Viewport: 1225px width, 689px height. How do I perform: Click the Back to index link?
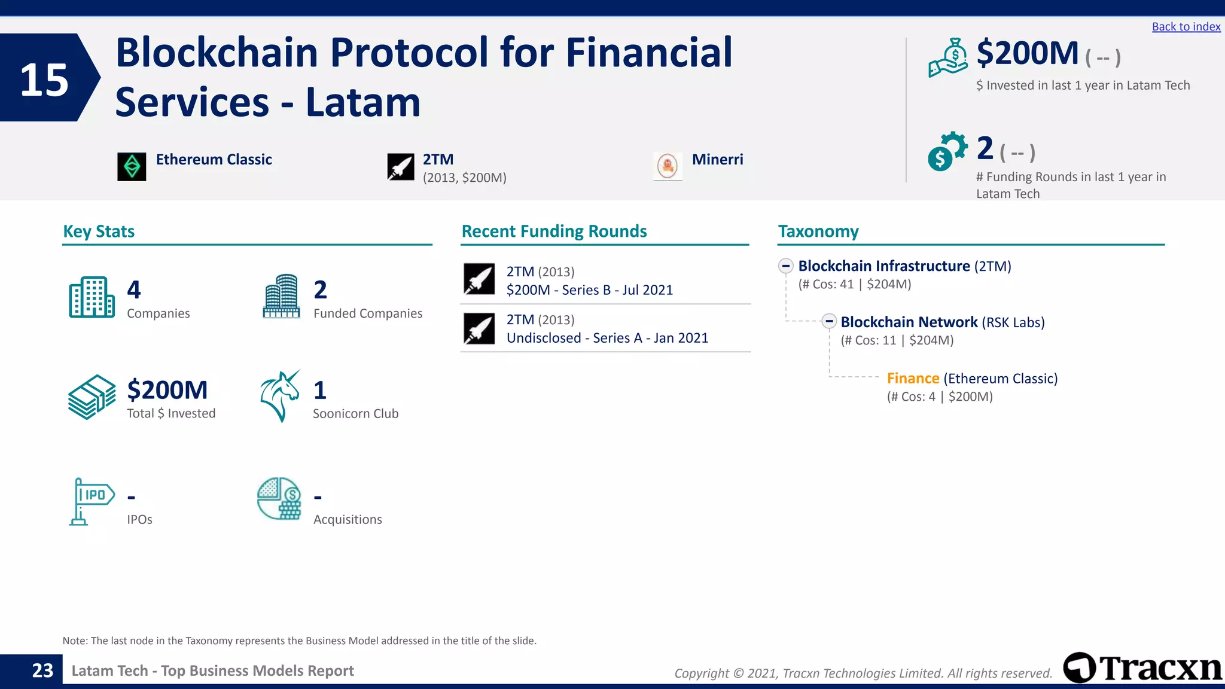pos(1186,26)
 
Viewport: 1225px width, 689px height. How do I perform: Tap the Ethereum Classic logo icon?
pos(132,166)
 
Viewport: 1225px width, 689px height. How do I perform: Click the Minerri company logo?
pos(668,166)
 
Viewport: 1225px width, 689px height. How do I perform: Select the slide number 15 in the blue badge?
pos(44,80)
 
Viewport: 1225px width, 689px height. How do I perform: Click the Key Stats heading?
pos(99,231)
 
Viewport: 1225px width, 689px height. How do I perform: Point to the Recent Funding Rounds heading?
pos(554,231)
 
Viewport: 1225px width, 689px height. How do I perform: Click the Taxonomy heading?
pos(818,231)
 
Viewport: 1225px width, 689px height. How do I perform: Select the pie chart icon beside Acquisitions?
pos(279,498)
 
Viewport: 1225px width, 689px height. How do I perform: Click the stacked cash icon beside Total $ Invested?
pos(92,397)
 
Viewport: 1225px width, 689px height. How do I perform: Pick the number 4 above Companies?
pos(134,290)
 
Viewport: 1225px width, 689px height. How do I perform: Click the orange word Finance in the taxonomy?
pos(913,379)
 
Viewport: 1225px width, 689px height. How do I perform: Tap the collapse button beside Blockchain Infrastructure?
pos(786,266)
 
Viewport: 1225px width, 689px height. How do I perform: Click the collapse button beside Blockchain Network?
pos(828,321)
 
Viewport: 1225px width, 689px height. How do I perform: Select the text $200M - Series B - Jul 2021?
pos(589,290)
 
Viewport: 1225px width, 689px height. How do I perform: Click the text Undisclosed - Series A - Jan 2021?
pos(607,338)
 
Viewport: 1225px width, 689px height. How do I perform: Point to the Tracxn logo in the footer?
pos(1142,668)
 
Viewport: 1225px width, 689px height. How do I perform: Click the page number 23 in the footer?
pos(42,670)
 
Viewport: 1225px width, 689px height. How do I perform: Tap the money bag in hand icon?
pos(948,58)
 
